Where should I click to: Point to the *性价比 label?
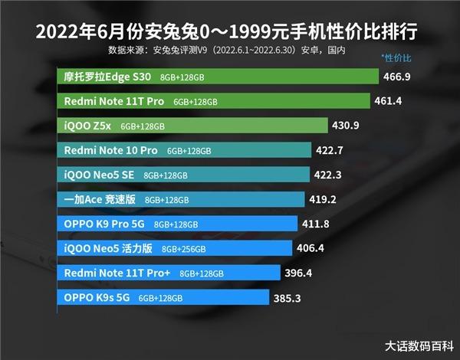396,58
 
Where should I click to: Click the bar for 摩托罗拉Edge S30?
219,77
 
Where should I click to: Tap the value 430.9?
346,126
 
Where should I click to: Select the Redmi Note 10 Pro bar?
185,150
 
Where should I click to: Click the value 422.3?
328,175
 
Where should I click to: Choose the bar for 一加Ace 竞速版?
183,199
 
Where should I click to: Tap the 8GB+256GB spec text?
184,249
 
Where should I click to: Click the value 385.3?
290,297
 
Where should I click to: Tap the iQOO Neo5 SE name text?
99,175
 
